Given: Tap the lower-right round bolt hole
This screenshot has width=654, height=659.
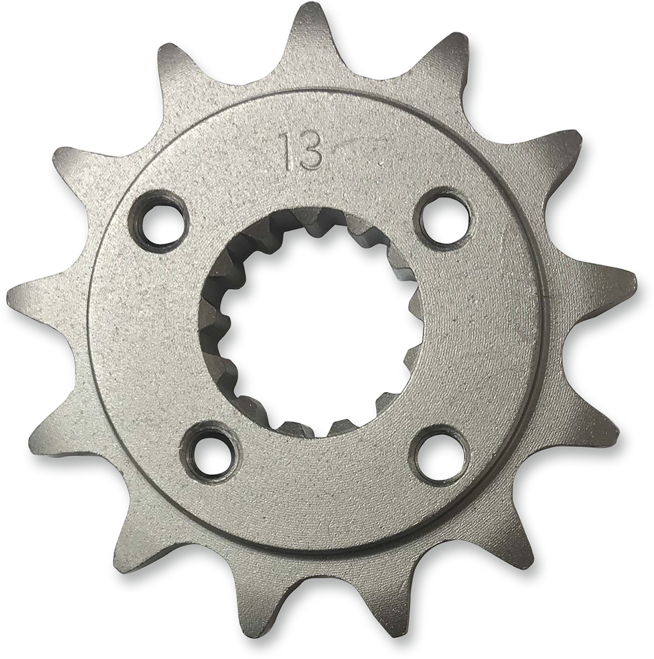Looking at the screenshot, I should (x=440, y=455).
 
